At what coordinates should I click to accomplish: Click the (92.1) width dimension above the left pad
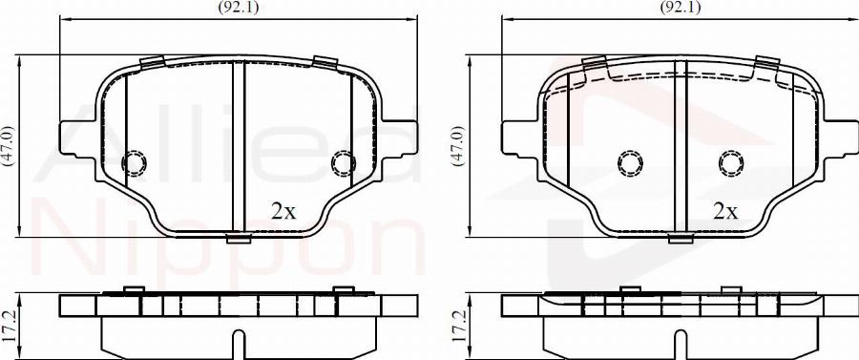pyautogui.click(x=239, y=7)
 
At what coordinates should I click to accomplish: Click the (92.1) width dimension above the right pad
pyautogui.click(x=681, y=7)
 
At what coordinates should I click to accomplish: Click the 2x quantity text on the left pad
pyautogui.click(x=283, y=212)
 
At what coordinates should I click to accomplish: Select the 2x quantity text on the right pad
pyautogui.click(x=725, y=212)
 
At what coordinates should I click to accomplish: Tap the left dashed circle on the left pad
pyautogui.click(x=134, y=164)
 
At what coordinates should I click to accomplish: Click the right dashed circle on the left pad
pyautogui.click(x=343, y=164)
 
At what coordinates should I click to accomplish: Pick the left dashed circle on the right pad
pyautogui.click(x=629, y=164)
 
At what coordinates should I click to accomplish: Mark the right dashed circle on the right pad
pyautogui.click(x=732, y=164)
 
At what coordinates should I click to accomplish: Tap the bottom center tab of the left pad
pyautogui.click(x=239, y=238)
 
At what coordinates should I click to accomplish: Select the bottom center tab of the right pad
pyautogui.click(x=681, y=238)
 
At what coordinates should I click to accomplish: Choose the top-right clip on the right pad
pyautogui.click(x=766, y=63)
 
